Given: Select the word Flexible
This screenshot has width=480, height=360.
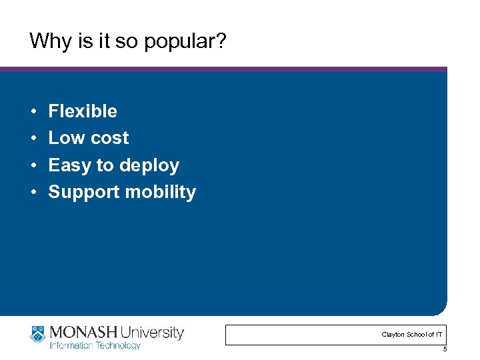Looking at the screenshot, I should (83, 111).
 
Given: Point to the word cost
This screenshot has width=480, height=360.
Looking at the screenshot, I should (109, 139).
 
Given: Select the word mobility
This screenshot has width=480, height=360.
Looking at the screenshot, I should (161, 193).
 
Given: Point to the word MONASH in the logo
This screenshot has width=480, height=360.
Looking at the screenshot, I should (82, 332).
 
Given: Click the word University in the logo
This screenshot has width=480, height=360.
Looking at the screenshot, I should (152, 332).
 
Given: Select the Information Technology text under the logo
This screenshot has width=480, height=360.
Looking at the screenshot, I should (95, 345).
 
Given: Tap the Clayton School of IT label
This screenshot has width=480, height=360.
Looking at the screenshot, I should (411, 334).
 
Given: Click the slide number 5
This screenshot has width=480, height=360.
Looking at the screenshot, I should (445, 349).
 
